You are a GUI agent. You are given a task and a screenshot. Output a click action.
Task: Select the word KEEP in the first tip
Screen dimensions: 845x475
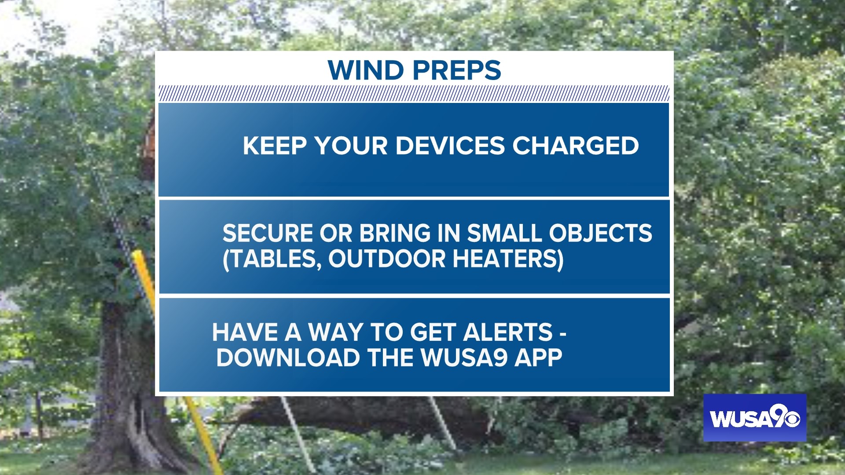coord(275,146)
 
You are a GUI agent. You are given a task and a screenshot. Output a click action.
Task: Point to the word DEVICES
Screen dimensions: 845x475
coord(450,146)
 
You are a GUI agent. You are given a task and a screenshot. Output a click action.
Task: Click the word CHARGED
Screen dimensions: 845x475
coord(576,146)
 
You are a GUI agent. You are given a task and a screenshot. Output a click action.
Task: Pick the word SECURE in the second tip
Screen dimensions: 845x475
coord(268,233)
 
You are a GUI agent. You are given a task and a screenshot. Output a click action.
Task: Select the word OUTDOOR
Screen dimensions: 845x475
coord(387,259)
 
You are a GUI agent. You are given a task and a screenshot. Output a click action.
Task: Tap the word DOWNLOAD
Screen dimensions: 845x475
coord(288,358)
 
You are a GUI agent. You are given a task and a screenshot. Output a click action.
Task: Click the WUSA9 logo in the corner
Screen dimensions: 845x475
coord(755,418)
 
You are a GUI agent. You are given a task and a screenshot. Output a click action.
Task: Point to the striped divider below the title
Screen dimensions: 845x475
coord(414,94)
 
